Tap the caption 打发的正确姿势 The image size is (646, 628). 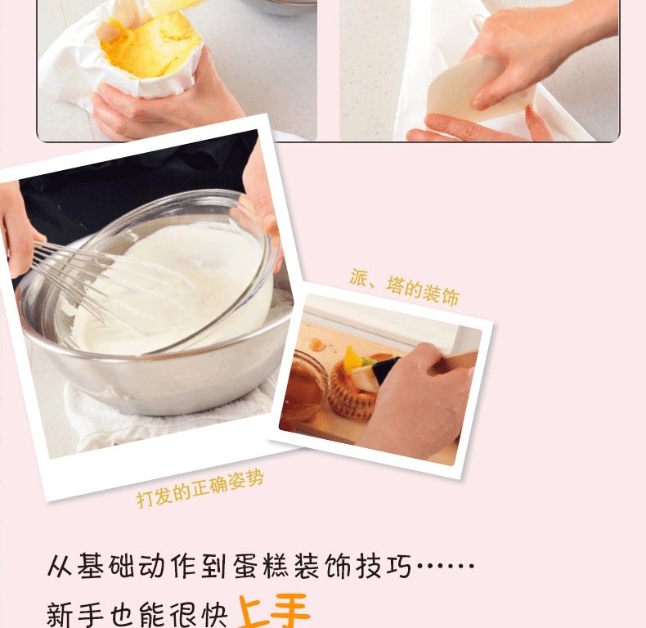(200, 489)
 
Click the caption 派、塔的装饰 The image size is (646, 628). (404, 287)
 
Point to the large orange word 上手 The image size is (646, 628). (274, 611)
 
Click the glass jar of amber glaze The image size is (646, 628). (304, 385)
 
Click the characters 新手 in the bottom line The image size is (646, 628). (74, 615)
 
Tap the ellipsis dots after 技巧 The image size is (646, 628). (445, 566)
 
